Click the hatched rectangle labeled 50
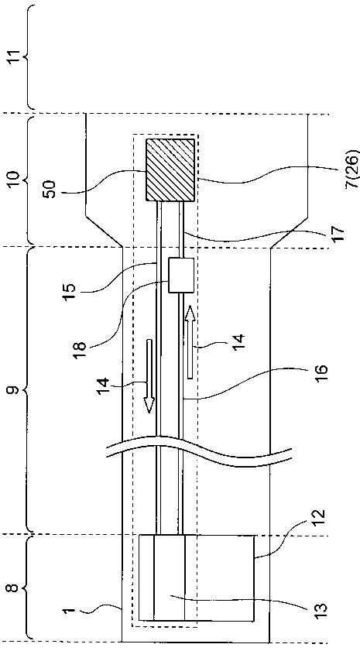[x=170, y=170]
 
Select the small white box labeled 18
[x=181, y=275]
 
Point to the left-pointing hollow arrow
[x=149, y=376]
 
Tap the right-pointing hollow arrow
[x=190, y=341]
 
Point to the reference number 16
[x=321, y=375]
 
